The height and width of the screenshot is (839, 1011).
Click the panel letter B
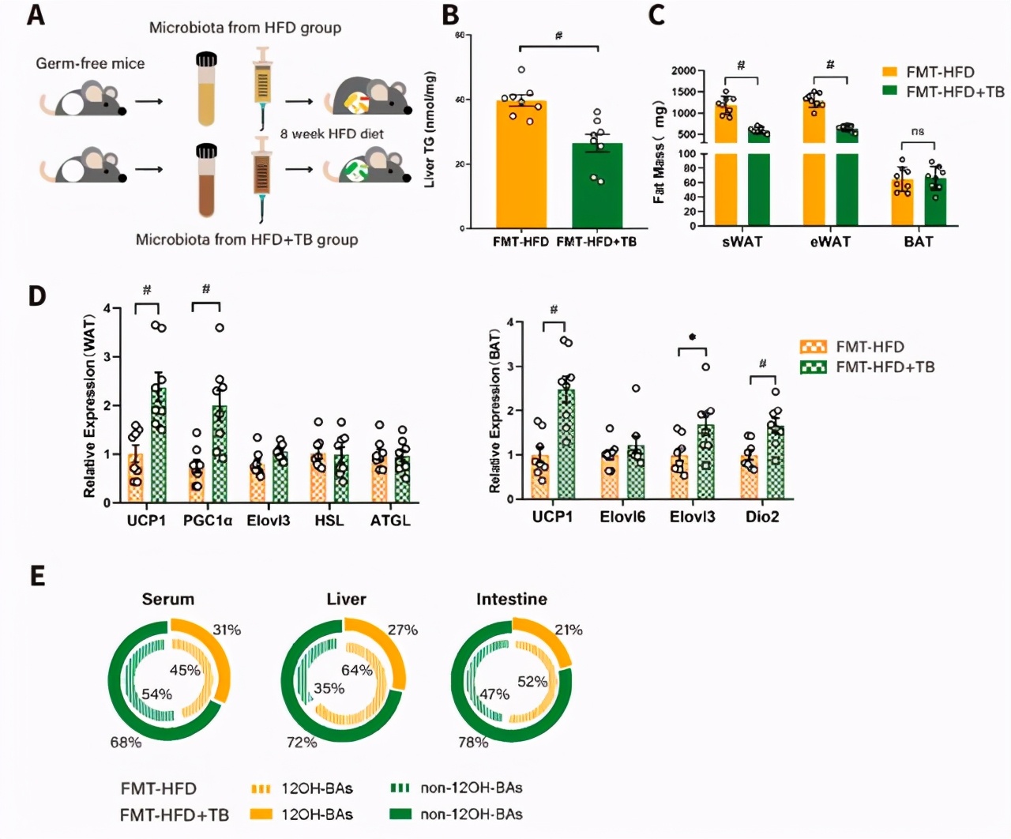coord(450,15)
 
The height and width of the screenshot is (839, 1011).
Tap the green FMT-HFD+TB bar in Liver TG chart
coord(597,186)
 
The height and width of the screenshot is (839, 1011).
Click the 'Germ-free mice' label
coord(90,63)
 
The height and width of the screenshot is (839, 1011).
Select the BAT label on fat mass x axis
coord(918,242)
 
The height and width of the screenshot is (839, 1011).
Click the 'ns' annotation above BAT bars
coord(917,131)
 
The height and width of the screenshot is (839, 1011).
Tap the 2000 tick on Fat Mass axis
coord(683,71)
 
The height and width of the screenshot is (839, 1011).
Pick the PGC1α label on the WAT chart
coord(208,521)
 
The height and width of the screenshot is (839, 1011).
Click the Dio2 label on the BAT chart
coord(763,517)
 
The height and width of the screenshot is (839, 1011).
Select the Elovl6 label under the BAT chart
coord(622,517)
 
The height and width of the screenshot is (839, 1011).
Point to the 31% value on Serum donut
coord(227,630)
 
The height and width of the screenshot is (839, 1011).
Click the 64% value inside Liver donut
coord(356,670)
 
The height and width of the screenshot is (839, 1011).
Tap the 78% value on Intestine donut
coord(473,743)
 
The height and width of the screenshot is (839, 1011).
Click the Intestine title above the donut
coord(511,599)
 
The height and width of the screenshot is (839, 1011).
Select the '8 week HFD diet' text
coord(332,134)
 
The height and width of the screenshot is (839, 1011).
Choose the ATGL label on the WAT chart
coord(390,521)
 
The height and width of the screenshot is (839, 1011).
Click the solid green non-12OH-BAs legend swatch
coord(401,814)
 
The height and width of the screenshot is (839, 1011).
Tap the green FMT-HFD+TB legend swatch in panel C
coord(890,92)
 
